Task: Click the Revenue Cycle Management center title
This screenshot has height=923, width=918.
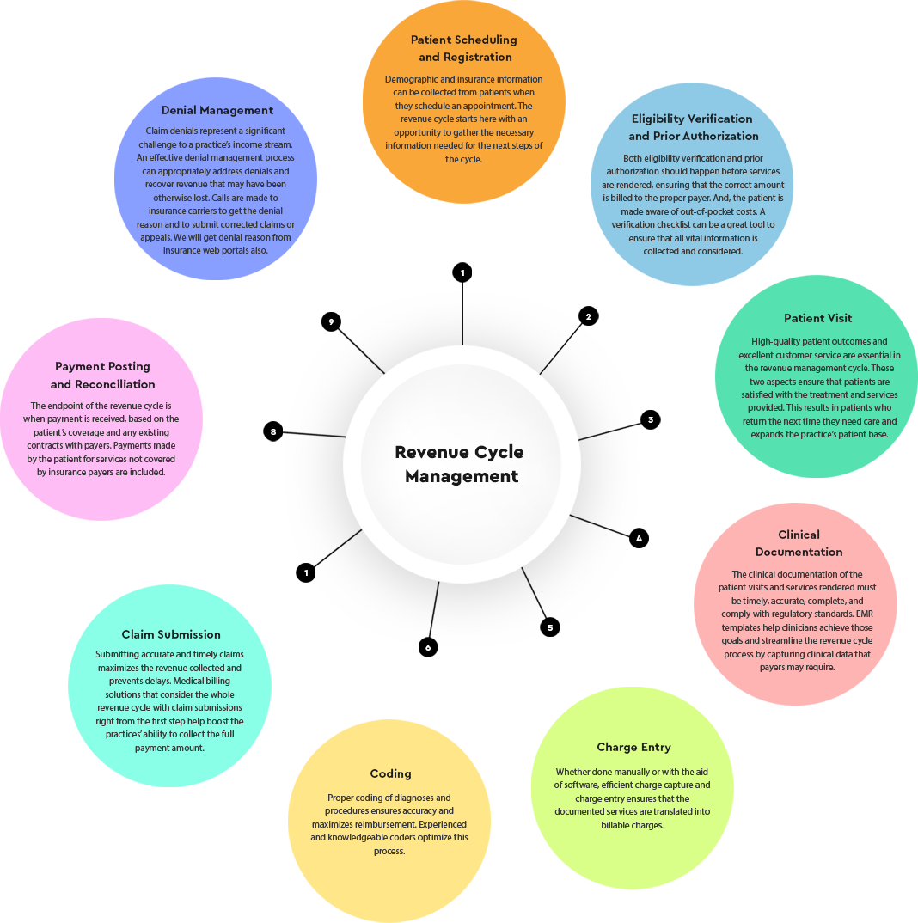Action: click(460, 464)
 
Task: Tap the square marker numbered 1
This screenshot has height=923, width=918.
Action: click(462, 272)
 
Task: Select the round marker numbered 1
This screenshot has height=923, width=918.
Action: click(306, 572)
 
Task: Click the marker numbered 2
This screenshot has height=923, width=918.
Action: click(588, 316)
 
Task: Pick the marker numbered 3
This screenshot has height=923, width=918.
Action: click(651, 420)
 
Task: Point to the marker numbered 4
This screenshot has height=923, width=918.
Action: click(639, 539)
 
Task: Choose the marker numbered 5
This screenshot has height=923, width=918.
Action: click(550, 627)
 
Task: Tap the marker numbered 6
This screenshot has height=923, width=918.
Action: click(428, 647)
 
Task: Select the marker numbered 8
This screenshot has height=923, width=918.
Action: click(273, 431)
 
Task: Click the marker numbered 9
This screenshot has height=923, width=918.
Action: click(331, 322)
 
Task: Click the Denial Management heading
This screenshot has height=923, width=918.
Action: click(217, 110)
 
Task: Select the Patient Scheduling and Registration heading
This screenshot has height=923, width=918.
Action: click(464, 48)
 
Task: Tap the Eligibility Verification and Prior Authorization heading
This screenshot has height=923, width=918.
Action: click(692, 127)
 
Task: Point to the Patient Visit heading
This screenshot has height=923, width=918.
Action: click(818, 318)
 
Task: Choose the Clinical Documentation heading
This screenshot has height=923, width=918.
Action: click(799, 543)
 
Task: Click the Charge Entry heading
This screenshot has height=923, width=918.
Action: click(633, 747)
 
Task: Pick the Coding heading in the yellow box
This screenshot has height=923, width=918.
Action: click(390, 773)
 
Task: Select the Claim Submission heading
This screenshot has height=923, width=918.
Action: click(171, 634)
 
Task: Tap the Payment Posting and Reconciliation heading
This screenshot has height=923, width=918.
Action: click(103, 376)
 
